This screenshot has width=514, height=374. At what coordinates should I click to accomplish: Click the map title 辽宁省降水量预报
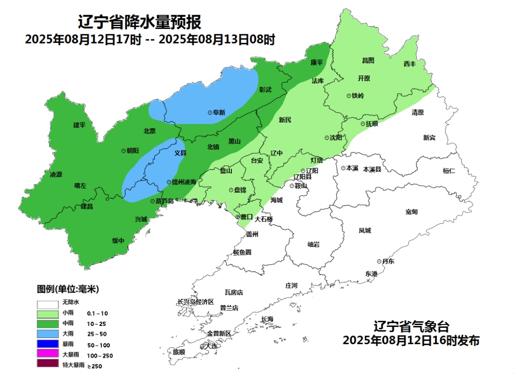tap(139, 22)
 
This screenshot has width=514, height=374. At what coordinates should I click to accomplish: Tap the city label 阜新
tap(219, 113)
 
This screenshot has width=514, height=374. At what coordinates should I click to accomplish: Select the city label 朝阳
tap(132, 151)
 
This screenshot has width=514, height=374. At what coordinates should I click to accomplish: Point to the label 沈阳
tap(336, 138)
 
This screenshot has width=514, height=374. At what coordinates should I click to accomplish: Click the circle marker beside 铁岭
tap(348, 96)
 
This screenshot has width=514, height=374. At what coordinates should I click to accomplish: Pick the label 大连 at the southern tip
tap(210, 346)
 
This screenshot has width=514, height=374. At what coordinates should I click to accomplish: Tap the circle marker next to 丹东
tap(379, 261)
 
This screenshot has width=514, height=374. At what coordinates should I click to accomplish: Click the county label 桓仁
tap(449, 171)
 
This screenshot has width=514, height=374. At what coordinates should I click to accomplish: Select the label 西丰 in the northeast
tap(410, 64)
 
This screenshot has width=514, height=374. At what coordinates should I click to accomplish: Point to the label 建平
tap(79, 125)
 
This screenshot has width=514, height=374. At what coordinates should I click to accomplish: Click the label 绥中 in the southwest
tap(118, 240)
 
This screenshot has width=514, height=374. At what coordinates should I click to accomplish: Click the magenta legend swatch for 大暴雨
tap(49, 355)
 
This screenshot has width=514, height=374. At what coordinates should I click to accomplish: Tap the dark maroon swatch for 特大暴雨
tap(49, 364)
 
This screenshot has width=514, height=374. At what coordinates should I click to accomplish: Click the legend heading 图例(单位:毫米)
tap(68, 289)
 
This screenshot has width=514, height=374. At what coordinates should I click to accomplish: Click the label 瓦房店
tap(234, 292)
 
